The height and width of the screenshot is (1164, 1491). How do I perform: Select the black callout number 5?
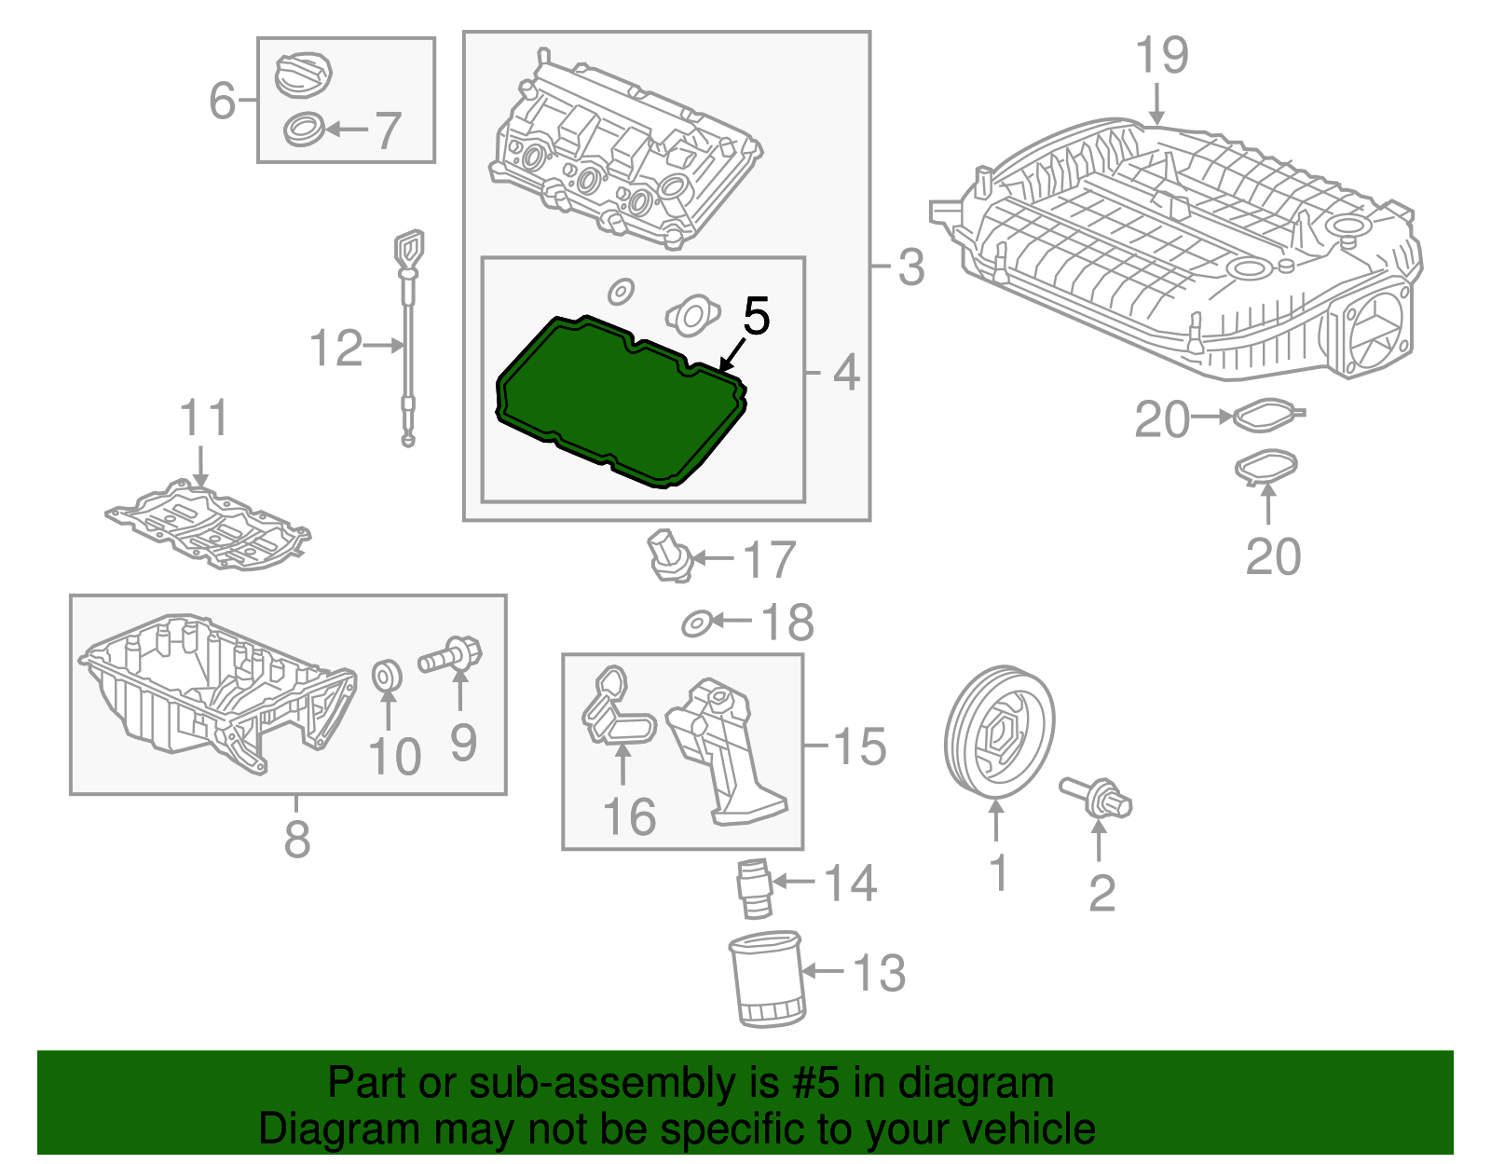coord(756,317)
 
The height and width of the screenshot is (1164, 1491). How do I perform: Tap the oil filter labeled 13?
coord(766,979)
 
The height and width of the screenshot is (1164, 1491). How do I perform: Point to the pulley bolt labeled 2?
coord(1097,798)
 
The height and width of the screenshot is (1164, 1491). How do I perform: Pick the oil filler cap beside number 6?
coord(304,74)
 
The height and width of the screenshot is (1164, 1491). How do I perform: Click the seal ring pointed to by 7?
coord(304,129)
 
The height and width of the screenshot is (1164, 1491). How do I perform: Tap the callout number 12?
coord(335,349)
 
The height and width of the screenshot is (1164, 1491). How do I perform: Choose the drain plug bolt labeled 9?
coord(452,653)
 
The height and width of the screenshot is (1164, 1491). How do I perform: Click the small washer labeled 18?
coord(696,623)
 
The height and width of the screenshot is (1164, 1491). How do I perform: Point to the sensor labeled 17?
coord(668,555)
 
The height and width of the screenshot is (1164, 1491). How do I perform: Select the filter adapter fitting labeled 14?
coord(754,889)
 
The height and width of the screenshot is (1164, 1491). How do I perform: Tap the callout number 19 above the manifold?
coord(1162,56)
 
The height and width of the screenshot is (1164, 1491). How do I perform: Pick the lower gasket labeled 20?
coord(1265,468)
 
